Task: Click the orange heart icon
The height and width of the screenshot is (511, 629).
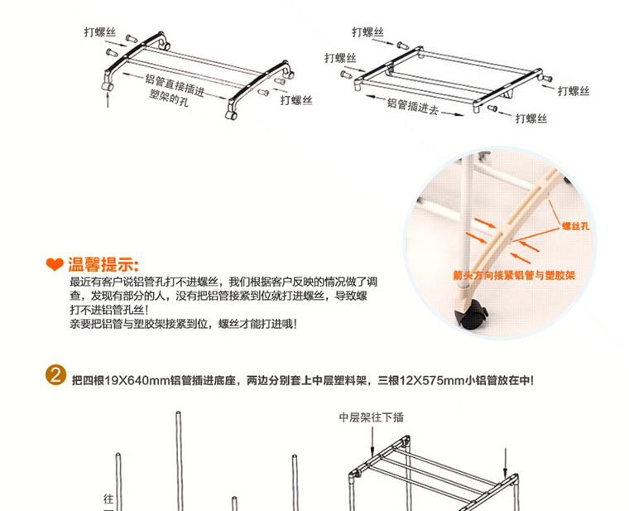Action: pyautogui.click(x=55, y=264)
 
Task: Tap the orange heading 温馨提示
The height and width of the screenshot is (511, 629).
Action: pyautogui.click(x=103, y=264)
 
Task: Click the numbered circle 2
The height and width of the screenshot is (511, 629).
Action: pyautogui.click(x=55, y=375)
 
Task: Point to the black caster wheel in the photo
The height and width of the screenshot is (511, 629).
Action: pyautogui.click(x=473, y=316)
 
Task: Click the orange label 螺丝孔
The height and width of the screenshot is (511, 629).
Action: pyautogui.click(x=576, y=226)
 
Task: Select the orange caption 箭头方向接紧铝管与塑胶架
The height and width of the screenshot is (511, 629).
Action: pyautogui.click(x=514, y=275)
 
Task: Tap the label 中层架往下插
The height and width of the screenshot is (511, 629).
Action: pyautogui.click(x=372, y=417)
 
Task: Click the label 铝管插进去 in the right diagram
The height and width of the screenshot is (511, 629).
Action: pyautogui.click(x=413, y=106)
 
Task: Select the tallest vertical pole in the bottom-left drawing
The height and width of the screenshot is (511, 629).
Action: pyautogui.click(x=180, y=460)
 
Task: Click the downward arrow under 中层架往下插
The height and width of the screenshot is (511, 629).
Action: pyautogui.click(x=372, y=441)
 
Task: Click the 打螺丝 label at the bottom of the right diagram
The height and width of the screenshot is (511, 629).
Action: pyautogui.click(x=531, y=118)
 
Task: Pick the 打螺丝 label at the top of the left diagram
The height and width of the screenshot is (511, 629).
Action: pyautogui.click(x=100, y=32)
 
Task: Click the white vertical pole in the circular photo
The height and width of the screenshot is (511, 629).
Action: pyautogui.click(x=465, y=221)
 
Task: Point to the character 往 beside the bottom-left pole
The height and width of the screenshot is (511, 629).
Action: pyautogui.click(x=108, y=499)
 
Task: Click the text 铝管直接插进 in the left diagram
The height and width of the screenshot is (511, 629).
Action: pyautogui.click(x=175, y=85)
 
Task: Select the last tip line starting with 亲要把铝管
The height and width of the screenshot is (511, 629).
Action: pyautogui.click(x=184, y=324)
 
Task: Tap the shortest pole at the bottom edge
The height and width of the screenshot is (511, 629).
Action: pyautogui.click(x=235, y=504)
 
